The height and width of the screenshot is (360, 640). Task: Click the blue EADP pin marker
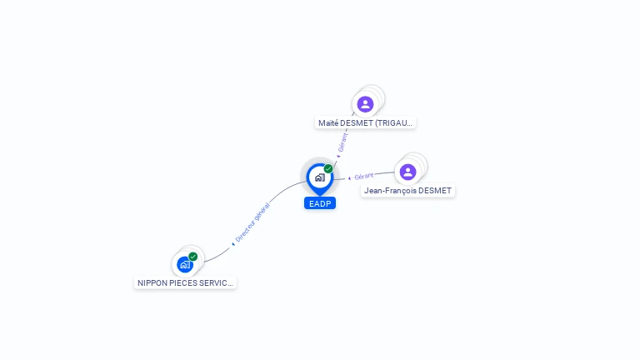click(x=319, y=177)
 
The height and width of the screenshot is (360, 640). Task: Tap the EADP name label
click(x=320, y=203)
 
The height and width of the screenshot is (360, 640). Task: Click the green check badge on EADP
click(x=328, y=169)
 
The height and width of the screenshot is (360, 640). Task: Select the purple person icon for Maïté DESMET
click(x=365, y=104)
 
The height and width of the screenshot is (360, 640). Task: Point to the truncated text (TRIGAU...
click(x=393, y=123)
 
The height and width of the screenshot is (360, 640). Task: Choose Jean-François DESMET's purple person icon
click(x=407, y=172)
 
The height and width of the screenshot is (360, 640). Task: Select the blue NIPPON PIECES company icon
click(x=185, y=264)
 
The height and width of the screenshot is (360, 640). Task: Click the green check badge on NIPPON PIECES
click(x=193, y=257)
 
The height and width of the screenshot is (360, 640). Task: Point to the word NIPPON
click(x=152, y=283)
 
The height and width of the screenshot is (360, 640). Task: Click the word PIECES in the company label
click(x=185, y=283)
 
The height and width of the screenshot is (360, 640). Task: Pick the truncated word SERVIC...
click(x=217, y=283)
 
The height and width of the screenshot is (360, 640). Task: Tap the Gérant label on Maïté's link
click(x=343, y=142)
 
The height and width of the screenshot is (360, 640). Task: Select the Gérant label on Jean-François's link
click(x=364, y=177)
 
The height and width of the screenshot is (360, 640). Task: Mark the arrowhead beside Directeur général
click(x=233, y=244)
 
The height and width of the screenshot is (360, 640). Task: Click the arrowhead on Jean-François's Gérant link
click(x=349, y=178)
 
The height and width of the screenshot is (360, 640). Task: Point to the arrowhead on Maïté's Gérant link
click(x=338, y=156)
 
